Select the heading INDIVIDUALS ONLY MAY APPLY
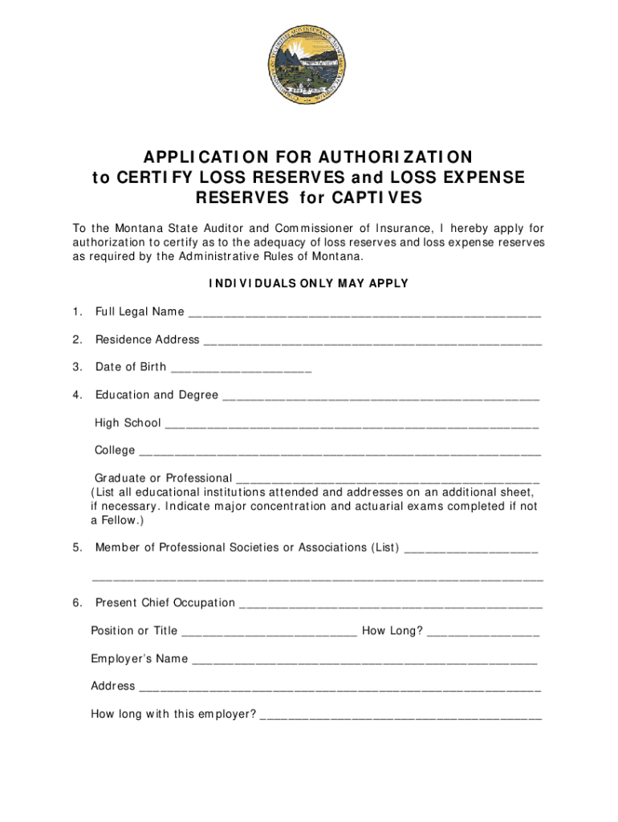309,283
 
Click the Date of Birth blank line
242,369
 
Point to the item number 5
76,547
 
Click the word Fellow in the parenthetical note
120,520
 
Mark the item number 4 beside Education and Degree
76,395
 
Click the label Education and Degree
157,395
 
